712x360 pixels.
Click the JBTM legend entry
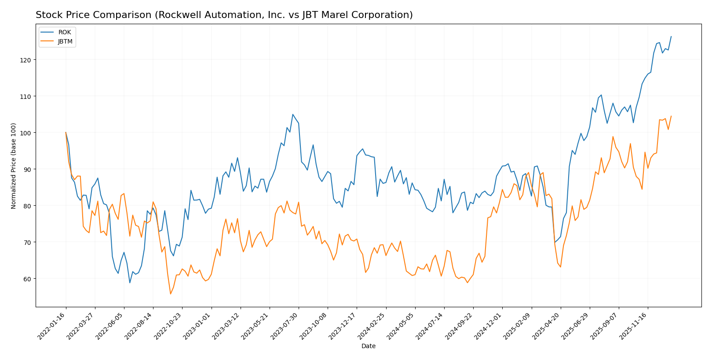(x=65, y=42)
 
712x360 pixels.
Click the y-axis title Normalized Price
(x=14, y=166)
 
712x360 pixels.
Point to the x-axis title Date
(x=368, y=346)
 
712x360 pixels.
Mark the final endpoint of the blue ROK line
(x=671, y=36)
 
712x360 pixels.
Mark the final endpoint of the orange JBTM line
(x=671, y=116)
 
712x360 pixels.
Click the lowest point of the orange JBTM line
(x=170, y=294)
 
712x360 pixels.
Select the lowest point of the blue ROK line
(x=130, y=283)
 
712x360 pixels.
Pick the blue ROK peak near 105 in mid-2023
(x=292, y=114)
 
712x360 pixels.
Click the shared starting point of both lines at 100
(x=66, y=132)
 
